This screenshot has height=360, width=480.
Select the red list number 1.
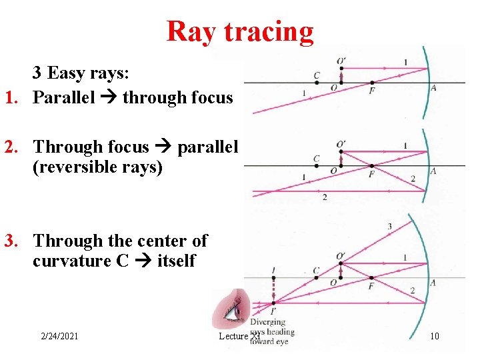point(11,98)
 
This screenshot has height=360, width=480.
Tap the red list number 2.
point(11,146)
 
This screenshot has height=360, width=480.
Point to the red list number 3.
point(11,241)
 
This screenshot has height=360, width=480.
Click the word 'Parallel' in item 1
point(66,98)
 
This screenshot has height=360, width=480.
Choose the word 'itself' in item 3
point(176,261)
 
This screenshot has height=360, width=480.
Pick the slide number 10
point(434,336)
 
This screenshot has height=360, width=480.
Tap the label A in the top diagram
point(433,88)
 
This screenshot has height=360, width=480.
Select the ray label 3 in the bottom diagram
point(389,227)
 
